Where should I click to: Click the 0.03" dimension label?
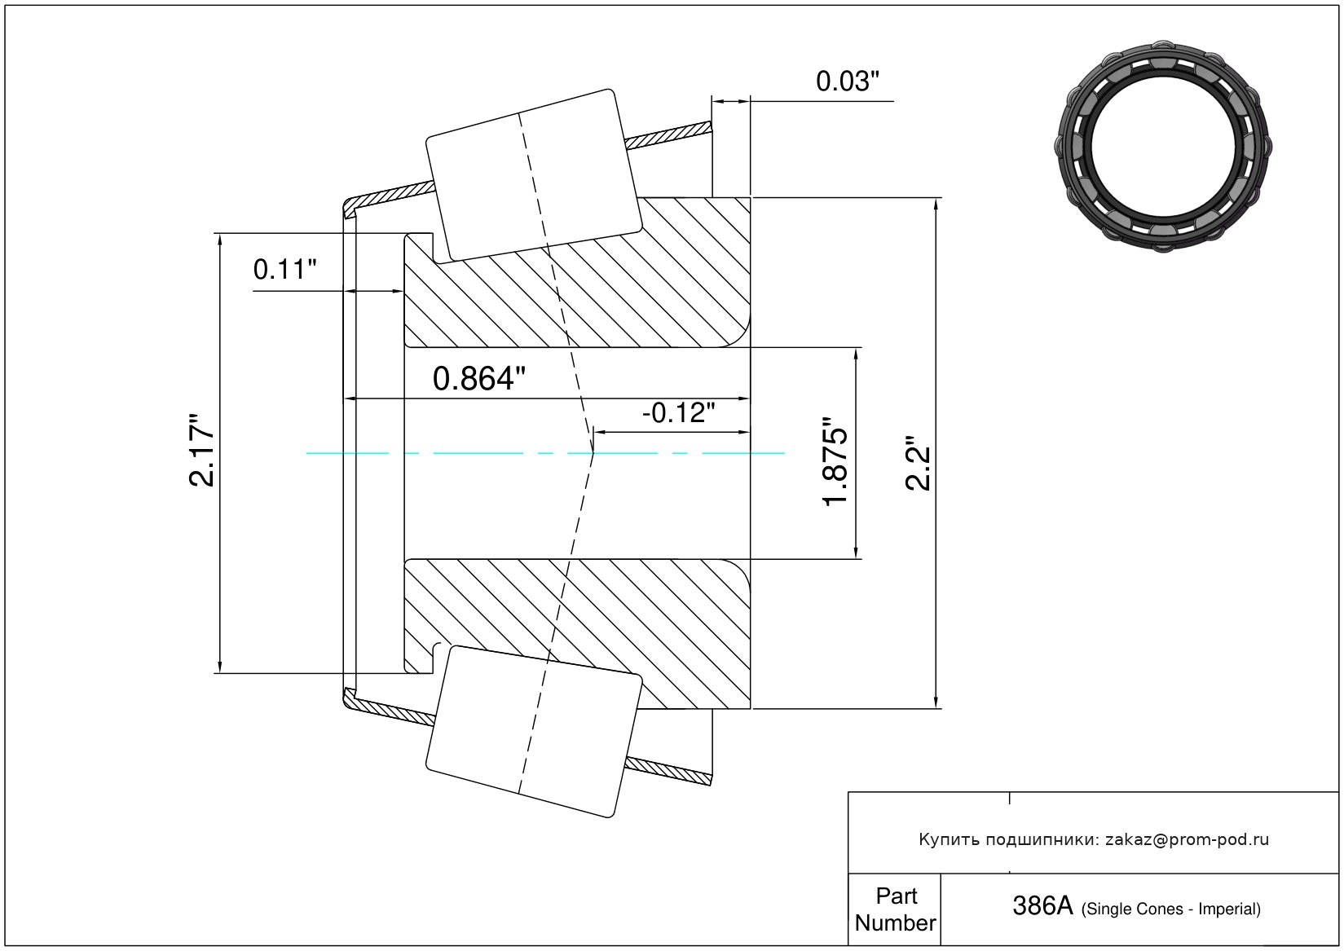848,81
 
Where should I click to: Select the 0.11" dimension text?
284,269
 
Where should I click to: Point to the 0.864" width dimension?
478,379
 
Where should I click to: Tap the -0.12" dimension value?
678,413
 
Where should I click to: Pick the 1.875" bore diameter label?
836,461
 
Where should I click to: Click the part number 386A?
1042,905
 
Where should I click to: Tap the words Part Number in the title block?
895,909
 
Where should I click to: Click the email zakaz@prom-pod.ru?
1187,839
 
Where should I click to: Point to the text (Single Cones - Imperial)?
1170,909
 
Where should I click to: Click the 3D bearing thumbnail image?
1164,145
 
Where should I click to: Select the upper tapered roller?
534,174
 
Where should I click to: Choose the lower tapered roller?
534,731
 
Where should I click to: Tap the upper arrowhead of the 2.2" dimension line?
936,204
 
